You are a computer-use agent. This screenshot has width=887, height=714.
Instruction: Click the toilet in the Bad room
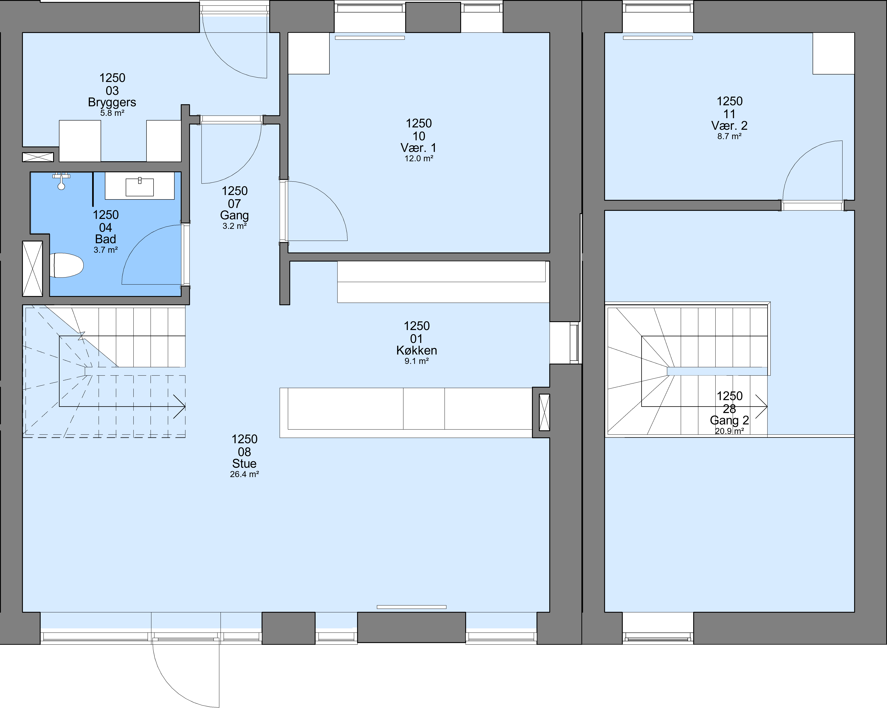(x=67, y=265)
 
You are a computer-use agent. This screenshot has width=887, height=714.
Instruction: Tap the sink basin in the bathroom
(x=140, y=187)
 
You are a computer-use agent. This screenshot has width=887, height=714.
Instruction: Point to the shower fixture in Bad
(x=61, y=181)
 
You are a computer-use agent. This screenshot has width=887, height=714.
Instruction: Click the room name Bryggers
(x=112, y=102)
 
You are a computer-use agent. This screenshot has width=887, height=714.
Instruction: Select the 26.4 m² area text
(x=245, y=474)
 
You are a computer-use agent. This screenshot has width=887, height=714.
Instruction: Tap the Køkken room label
(x=417, y=350)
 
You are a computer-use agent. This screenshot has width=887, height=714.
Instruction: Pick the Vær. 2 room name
(x=729, y=125)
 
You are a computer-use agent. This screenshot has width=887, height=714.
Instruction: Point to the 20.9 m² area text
(x=729, y=431)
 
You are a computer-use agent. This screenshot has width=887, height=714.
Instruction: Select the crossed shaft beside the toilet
(x=33, y=269)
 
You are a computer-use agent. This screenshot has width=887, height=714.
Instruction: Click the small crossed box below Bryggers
(x=38, y=157)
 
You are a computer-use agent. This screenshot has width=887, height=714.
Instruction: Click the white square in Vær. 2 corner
(x=833, y=54)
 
